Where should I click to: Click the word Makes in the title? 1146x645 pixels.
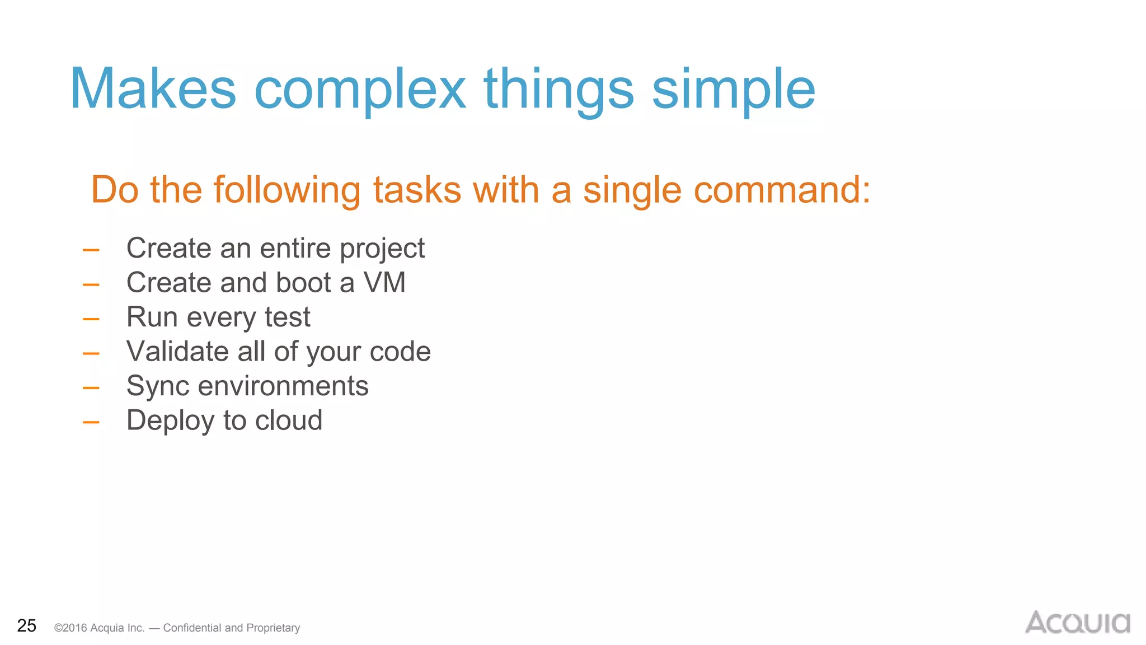coord(153,90)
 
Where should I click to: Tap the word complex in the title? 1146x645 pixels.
coord(360,90)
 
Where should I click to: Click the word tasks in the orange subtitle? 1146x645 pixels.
coord(417,190)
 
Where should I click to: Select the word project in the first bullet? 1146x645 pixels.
coord(382,248)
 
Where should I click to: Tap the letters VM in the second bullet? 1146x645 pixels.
coord(384,282)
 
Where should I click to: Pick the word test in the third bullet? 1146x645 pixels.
coord(287,317)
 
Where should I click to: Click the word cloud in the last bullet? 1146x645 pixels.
coord(289,420)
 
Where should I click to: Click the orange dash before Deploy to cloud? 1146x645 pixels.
coord(91,422)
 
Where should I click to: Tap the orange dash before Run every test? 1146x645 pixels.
coord(91,319)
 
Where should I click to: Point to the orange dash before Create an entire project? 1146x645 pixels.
coord(91,250)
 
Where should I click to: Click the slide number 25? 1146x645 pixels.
coord(26,625)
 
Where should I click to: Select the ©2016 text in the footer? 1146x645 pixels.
coord(71,628)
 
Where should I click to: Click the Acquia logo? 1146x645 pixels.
coord(1077,623)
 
